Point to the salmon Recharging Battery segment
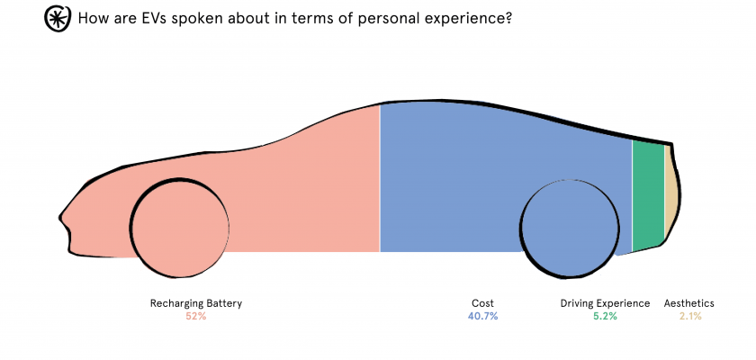(x=297, y=180)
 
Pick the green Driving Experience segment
(x=648, y=193)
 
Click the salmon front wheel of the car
(x=178, y=226)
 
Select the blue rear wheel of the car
(x=571, y=226)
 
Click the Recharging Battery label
(x=196, y=303)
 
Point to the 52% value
(x=196, y=317)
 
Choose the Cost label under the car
(x=482, y=303)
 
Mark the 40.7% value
(x=482, y=317)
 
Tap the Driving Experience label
(x=605, y=303)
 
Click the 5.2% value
(x=605, y=317)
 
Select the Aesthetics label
(x=689, y=303)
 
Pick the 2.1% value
(x=690, y=317)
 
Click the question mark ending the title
(x=508, y=18)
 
